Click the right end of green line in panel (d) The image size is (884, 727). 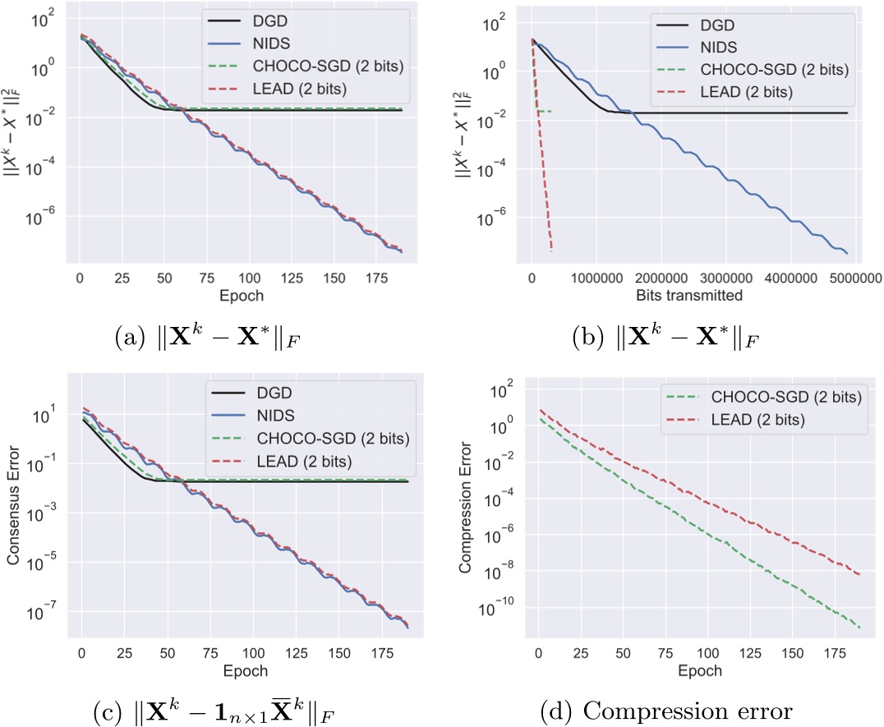pyautogui.click(x=859, y=628)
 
